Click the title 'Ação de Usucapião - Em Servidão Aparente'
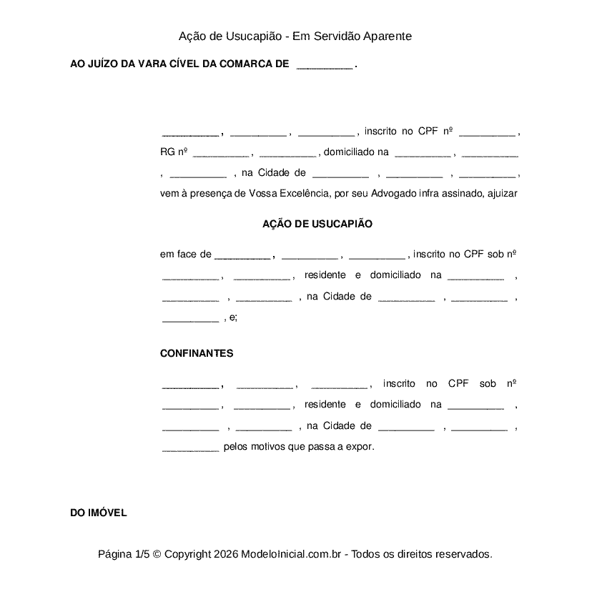295,36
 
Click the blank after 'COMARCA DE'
324,64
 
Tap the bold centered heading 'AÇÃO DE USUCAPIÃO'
317,224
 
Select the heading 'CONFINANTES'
197,353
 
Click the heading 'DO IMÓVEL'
99,513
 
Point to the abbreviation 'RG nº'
174,152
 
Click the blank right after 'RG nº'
220,152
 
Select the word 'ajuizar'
502,193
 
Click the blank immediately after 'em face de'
242,255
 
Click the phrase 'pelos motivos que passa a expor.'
299,447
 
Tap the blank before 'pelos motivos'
190,448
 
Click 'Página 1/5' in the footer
124,554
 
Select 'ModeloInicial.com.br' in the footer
294,554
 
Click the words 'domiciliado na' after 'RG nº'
356,152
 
